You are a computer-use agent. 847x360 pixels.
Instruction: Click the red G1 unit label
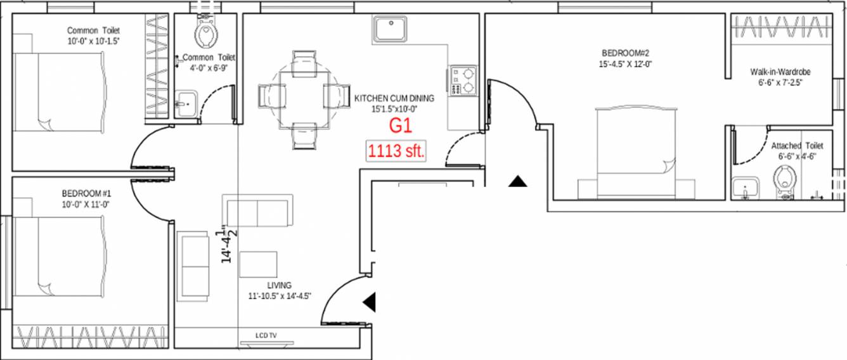[x=401, y=125]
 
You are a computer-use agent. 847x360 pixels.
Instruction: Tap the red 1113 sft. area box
[x=396, y=152]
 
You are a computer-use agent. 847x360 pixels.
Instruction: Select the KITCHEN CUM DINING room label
[x=394, y=98]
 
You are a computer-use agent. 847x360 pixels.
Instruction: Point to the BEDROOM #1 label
[x=87, y=193]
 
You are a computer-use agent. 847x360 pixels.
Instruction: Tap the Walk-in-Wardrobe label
[x=779, y=72]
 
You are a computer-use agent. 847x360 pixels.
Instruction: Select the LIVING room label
[x=279, y=286]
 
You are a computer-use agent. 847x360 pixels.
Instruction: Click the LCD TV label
[x=266, y=335]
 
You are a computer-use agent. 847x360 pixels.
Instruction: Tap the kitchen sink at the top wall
[x=391, y=30]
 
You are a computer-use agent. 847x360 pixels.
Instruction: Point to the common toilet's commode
[x=205, y=32]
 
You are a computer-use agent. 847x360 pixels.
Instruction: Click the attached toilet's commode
[x=785, y=179]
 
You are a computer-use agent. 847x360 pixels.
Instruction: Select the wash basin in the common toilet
[x=186, y=103]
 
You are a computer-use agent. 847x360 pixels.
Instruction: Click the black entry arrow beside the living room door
[x=370, y=302]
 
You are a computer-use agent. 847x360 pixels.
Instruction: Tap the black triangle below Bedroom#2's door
[x=517, y=181]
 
